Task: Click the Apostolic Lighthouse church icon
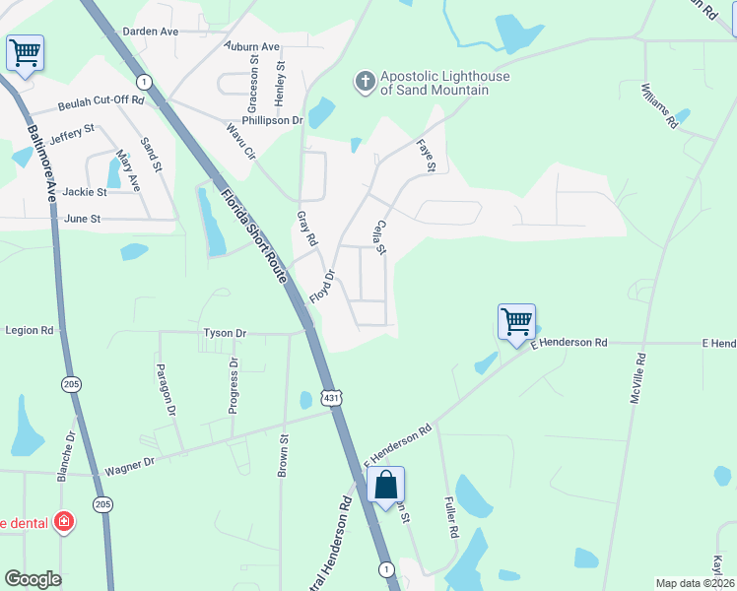tap(366, 82)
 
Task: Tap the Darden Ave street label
tap(150, 32)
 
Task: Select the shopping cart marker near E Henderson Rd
tap(516, 322)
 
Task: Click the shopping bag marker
tap(386, 486)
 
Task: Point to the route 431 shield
tap(332, 396)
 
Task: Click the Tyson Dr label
tap(225, 333)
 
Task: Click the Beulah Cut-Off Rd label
tap(101, 100)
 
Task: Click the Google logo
tap(33, 579)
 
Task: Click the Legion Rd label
tap(29, 331)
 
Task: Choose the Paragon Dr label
tap(165, 389)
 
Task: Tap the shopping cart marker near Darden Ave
tap(24, 51)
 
